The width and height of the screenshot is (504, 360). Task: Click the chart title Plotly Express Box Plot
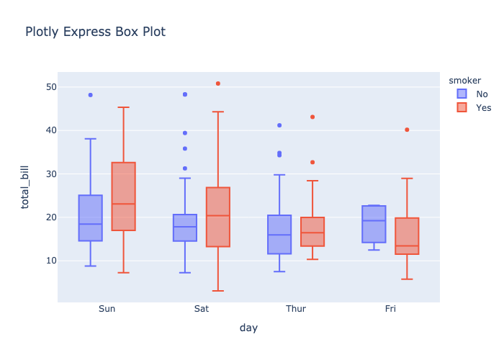(x=95, y=32)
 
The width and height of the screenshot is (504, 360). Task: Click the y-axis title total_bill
(x=26, y=186)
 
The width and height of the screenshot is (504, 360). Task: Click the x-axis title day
(x=248, y=328)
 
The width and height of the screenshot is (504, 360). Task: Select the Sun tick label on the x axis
(x=107, y=309)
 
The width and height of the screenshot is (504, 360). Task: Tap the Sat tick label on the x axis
(x=202, y=309)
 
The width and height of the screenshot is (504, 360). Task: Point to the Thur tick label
(x=296, y=309)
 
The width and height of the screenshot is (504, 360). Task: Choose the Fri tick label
(x=390, y=309)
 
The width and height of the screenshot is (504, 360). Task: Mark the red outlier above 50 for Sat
(x=218, y=84)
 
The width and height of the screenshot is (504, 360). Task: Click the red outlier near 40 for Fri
(x=407, y=130)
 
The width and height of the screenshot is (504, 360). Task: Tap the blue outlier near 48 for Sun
(x=90, y=95)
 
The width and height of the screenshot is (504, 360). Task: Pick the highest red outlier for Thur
(x=312, y=117)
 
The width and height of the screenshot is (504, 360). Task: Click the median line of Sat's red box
(x=218, y=216)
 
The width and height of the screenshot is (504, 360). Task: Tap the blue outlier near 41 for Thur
(x=279, y=125)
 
